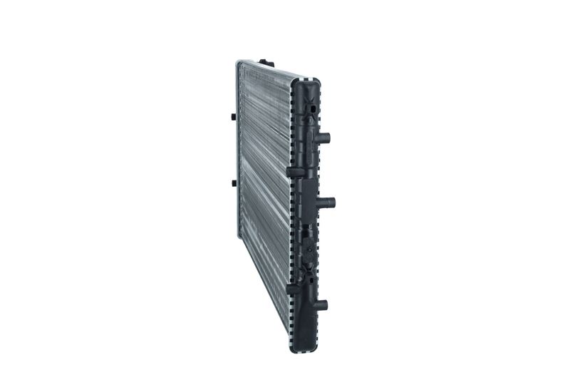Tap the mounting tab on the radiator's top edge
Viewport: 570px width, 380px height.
click(264, 63)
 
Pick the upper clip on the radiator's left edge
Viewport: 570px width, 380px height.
click(234, 115)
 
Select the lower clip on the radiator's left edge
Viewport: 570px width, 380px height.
click(234, 185)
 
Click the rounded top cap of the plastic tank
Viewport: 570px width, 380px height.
click(310, 80)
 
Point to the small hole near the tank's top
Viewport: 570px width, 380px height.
click(311, 107)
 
